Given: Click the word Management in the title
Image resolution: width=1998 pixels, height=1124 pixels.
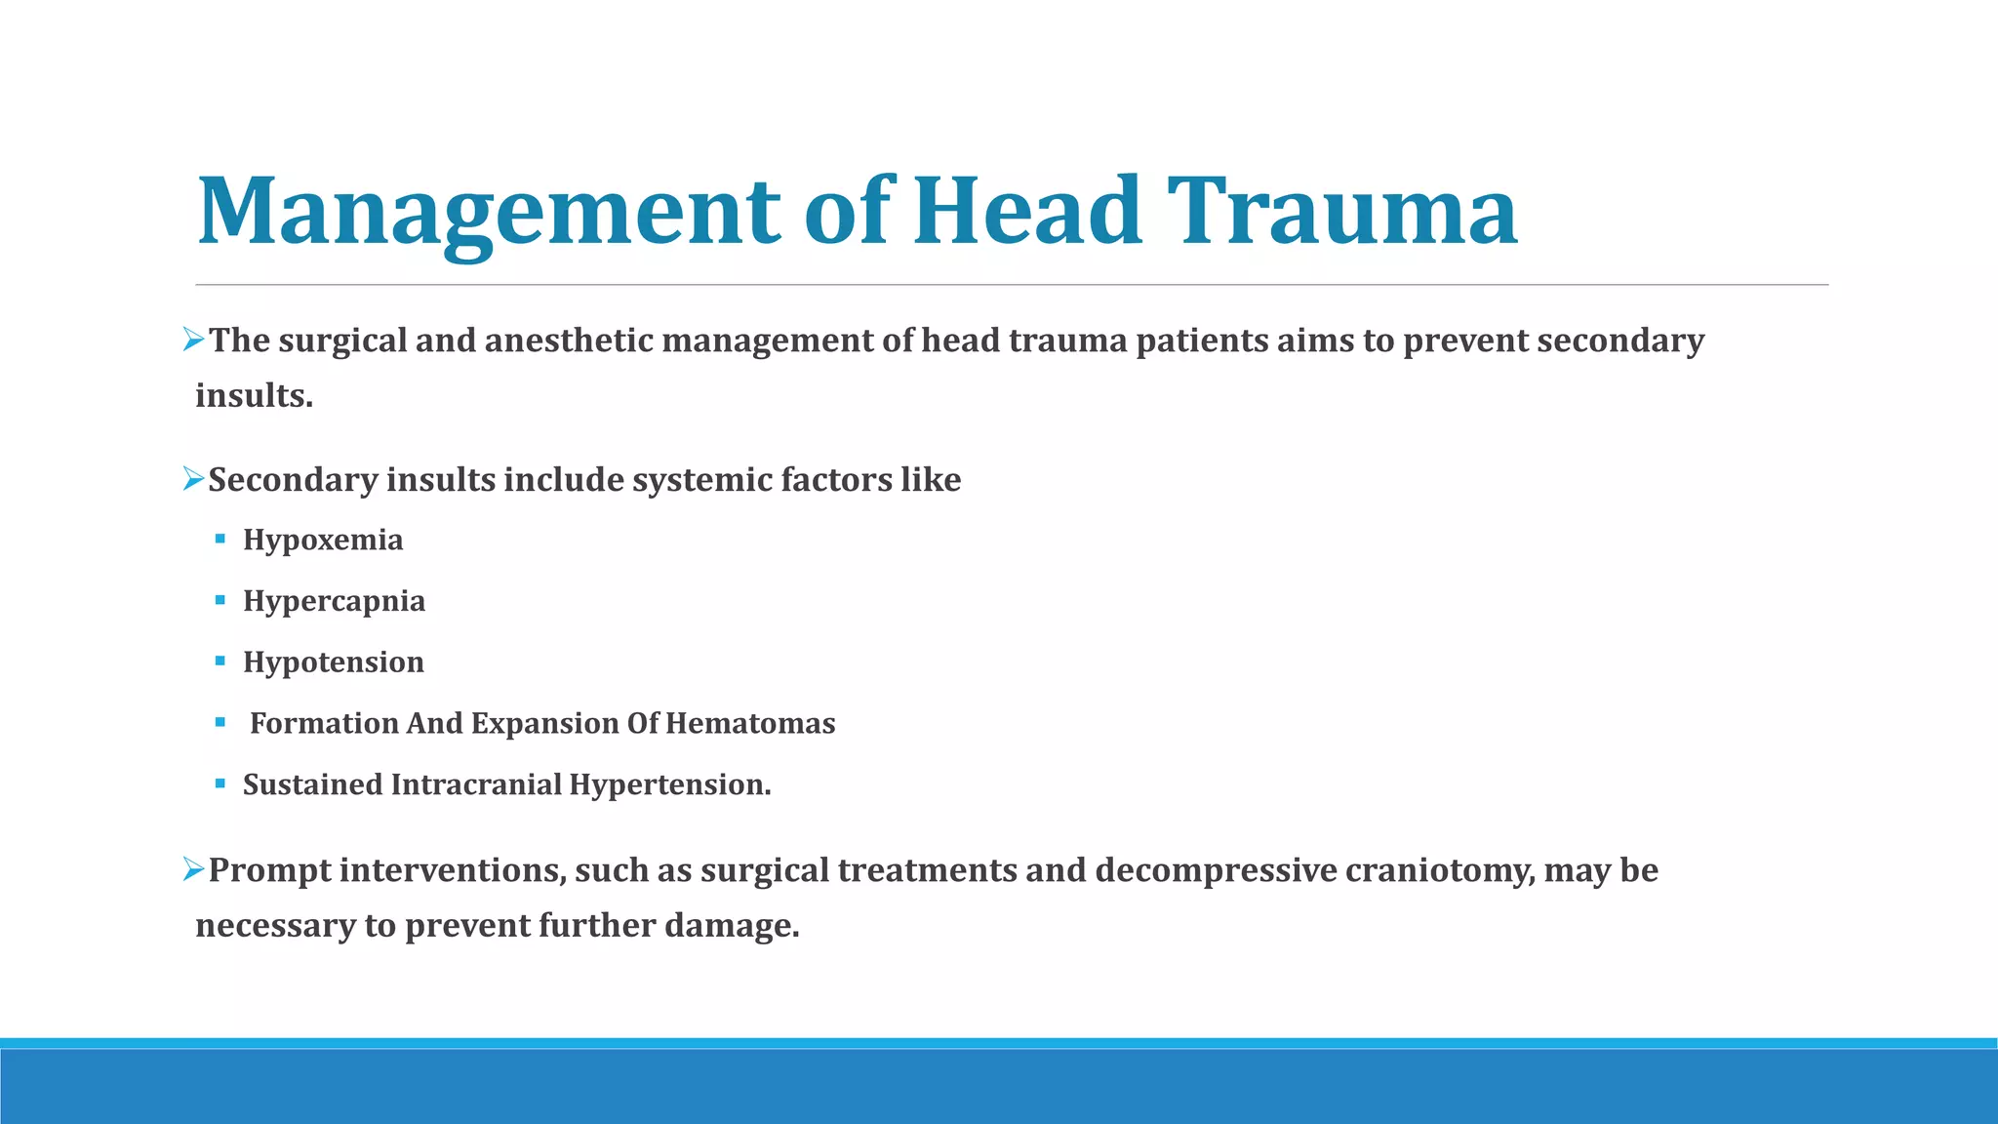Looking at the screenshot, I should pyautogui.click(x=488, y=212).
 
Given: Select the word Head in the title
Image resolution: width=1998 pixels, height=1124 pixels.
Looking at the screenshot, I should pyautogui.click(x=1027, y=212).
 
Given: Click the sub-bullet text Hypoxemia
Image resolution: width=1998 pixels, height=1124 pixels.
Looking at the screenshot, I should pyautogui.click(x=323, y=540).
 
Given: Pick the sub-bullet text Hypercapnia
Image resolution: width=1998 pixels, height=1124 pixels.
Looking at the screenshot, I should pyautogui.click(x=334, y=601).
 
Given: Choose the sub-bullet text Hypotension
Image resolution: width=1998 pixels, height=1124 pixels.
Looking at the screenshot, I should pyautogui.click(x=334, y=662).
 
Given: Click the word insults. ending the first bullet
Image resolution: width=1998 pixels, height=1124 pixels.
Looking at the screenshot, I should pyautogui.click(x=254, y=396).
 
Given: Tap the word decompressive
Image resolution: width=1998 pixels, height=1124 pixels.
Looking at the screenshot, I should pyautogui.click(x=1216, y=870).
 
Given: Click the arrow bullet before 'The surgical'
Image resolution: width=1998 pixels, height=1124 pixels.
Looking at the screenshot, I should pyautogui.click(x=193, y=341).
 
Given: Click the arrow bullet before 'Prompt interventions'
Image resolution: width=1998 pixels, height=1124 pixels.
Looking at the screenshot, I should pyautogui.click(x=193, y=868).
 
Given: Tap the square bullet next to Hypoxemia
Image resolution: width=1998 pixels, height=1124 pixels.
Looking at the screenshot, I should pyautogui.click(x=220, y=539).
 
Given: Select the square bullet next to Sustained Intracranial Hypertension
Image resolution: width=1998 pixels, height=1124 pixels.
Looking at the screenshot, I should pyautogui.click(x=220, y=783).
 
